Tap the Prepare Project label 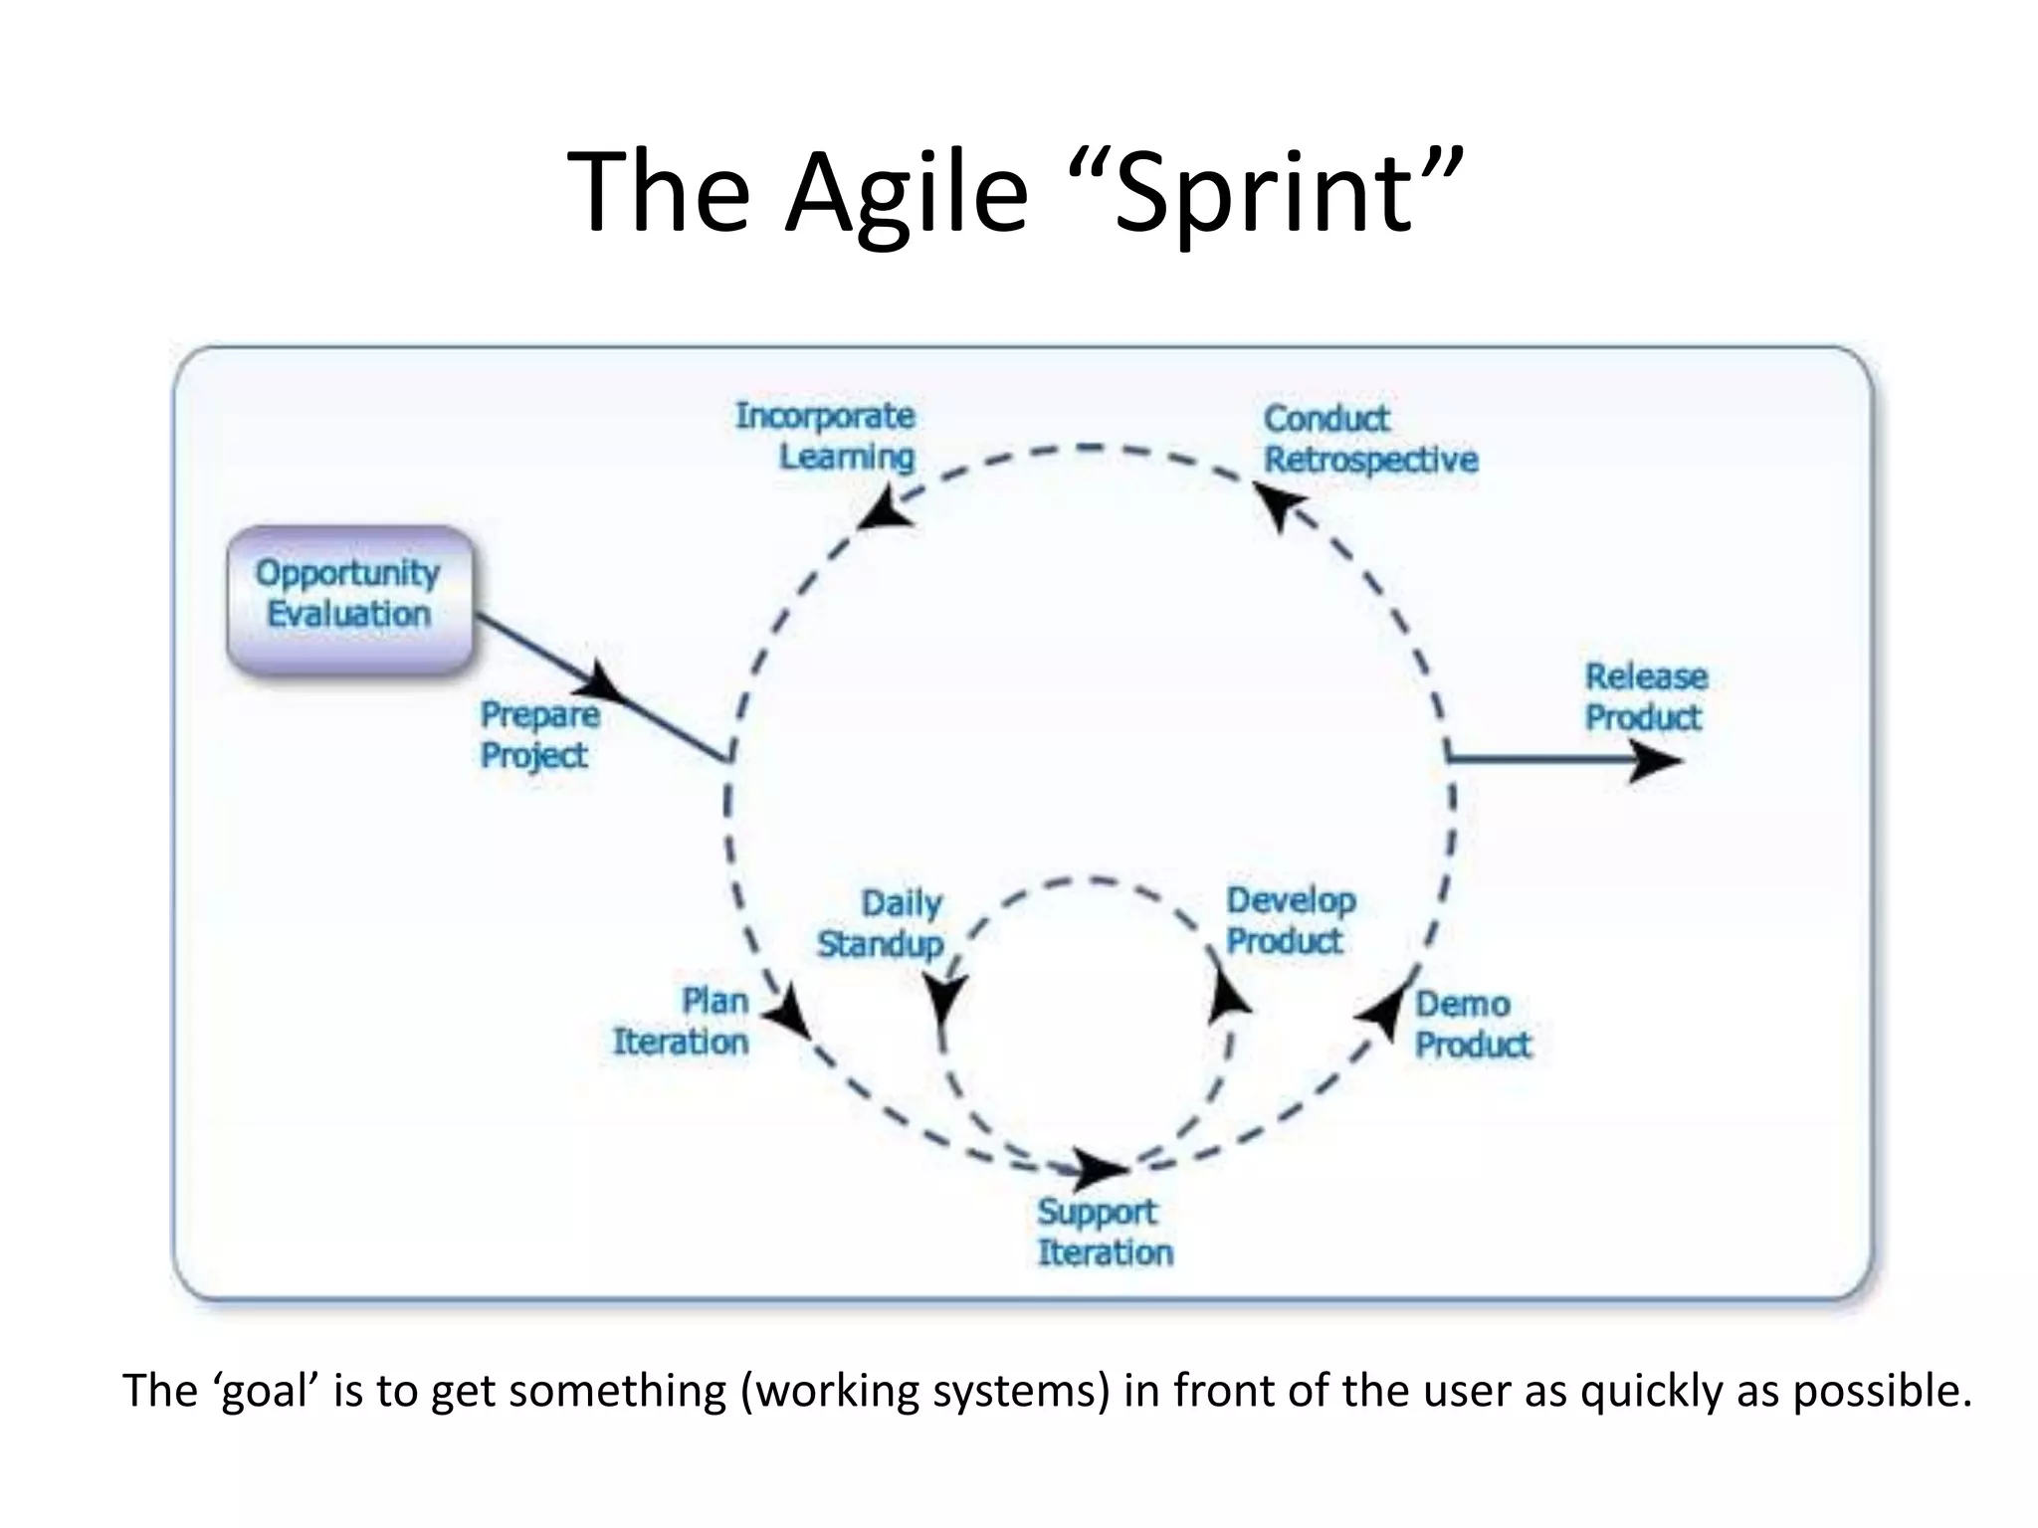tap(540, 734)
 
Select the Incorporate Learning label tap(825, 436)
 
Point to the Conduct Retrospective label tap(1370, 439)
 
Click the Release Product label tap(1646, 696)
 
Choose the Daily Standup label tap(881, 923)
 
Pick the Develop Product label tap(1290, 920)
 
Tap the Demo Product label tap(1473, 1024)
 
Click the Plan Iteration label tap(682, 1022)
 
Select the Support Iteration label tap(1105, 1232)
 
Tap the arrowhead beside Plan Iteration tap(789, 1014)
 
